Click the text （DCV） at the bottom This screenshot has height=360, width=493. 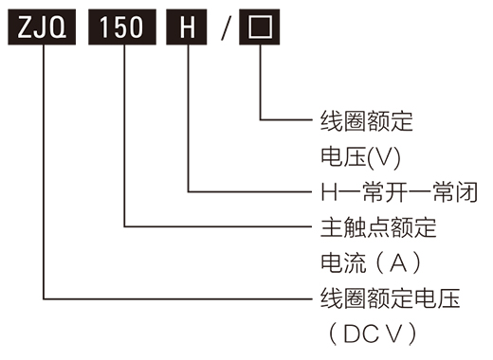(x=369, y=333)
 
